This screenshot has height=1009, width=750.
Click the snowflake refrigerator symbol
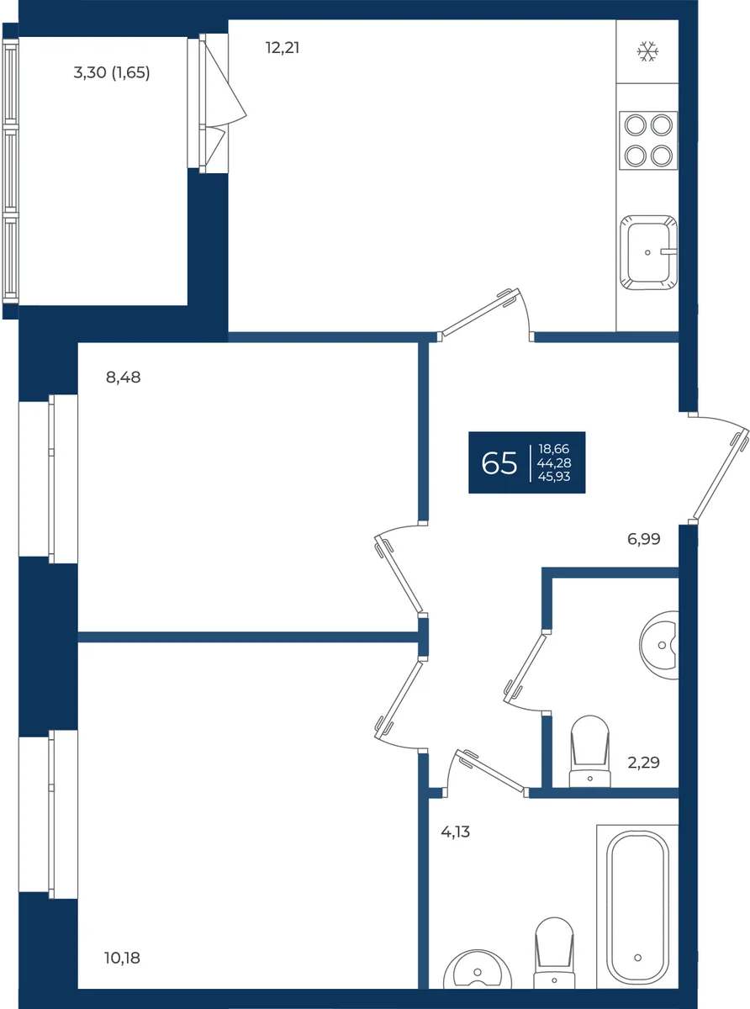647,51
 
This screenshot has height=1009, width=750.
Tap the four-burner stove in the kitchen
648,140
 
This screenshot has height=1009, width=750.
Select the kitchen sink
648,252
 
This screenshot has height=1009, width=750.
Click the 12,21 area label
283,48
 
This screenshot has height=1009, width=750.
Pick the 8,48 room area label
124,378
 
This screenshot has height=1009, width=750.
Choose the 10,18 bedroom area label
122,958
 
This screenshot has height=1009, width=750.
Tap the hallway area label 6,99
643,539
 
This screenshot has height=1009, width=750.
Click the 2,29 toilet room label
643,762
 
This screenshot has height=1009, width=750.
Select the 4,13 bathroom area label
455,832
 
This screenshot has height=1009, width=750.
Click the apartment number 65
499,463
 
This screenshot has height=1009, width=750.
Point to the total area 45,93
554,476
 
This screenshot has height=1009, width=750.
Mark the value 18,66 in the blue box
554,449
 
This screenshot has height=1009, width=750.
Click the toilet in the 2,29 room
589,751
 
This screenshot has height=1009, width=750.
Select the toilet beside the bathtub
554,953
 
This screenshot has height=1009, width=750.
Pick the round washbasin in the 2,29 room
659,645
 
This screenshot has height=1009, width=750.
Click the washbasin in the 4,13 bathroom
478,969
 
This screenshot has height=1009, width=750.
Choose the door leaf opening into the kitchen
481,312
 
